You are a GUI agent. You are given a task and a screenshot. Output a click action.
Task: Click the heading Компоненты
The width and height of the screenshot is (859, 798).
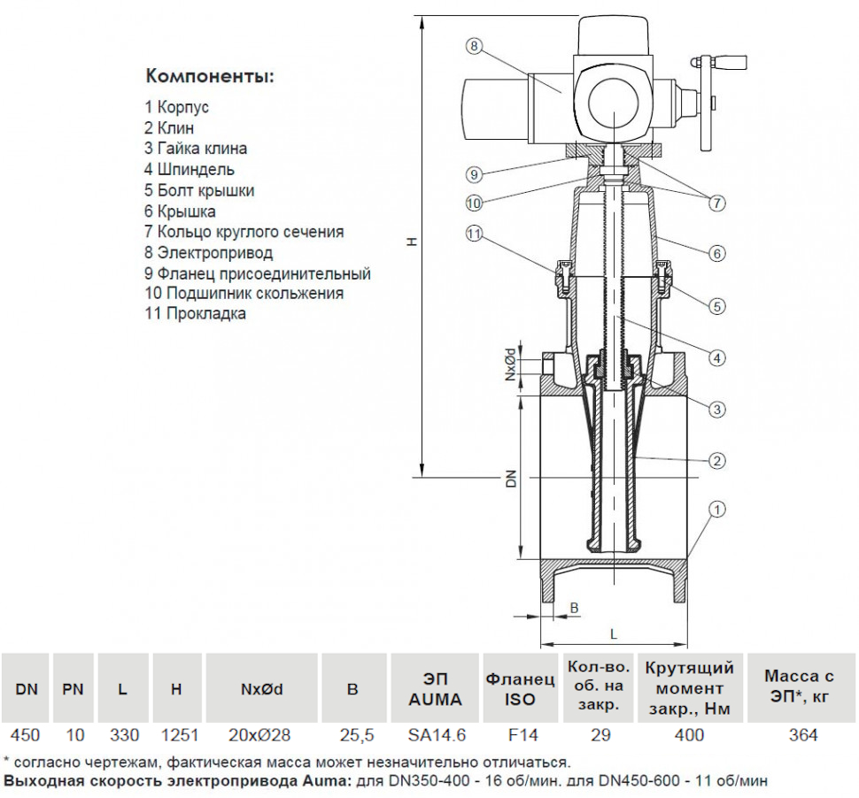coord(210,75)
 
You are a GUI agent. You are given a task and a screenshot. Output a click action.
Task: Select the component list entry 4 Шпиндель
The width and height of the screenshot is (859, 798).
coord(190,169)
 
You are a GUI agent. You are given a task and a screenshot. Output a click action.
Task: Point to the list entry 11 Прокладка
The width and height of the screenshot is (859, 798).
coord(196,313)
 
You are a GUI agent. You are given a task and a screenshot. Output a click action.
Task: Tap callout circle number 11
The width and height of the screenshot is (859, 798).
coord(475,234)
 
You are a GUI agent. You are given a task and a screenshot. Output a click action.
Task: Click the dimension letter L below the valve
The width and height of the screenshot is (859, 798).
coord(613,633)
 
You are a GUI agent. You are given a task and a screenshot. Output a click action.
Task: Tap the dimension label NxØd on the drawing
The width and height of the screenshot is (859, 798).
coord(510,365)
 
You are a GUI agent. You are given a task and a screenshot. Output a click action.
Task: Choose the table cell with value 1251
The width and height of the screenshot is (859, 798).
coord(176,735)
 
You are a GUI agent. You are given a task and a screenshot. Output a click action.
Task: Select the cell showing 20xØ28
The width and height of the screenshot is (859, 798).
coord(259,735)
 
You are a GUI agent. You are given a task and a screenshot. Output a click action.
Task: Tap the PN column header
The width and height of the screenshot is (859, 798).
coord(73,689)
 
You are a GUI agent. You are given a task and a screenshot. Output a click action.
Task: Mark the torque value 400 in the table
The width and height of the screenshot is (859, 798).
coord(689,735)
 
